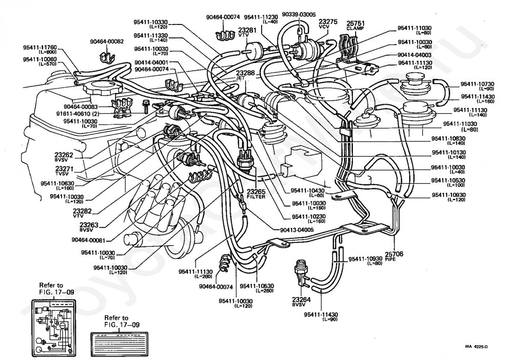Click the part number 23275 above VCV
[x=328, y=21]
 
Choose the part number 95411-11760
[x=40, y=48]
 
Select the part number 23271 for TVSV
[x=65, y=169]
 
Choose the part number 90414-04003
[x=415, y=55]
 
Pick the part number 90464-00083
[x=81, y=106]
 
